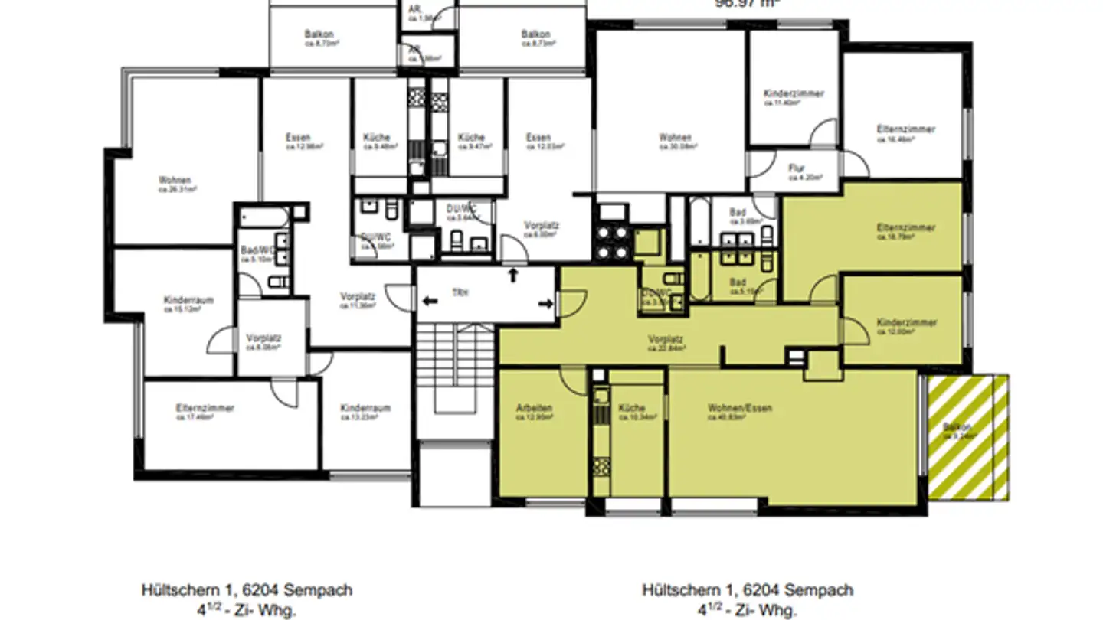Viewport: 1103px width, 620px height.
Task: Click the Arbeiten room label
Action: coord(534,408)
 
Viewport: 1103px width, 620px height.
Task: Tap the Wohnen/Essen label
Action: coord(739,408)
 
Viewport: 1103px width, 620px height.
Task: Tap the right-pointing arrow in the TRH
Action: coord(545,304)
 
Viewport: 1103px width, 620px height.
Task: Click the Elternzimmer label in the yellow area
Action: coord(906,228)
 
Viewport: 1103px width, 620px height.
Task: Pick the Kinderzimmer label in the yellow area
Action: coord(906,322)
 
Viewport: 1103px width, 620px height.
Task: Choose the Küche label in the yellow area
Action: coord(632,408)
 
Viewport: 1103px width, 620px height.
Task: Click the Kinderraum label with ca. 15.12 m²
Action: coord(188,300)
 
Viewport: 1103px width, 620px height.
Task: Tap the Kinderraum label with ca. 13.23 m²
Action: coord(365,408)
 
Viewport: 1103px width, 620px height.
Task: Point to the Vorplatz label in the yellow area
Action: coord(665,339)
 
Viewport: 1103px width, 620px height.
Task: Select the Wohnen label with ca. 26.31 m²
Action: coord(175,180)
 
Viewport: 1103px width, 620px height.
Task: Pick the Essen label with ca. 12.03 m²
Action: coord(538,138)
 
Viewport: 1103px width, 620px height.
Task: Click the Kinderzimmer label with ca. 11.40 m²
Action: coord(794,93)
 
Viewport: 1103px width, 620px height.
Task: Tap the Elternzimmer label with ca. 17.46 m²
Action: coord(205,408)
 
